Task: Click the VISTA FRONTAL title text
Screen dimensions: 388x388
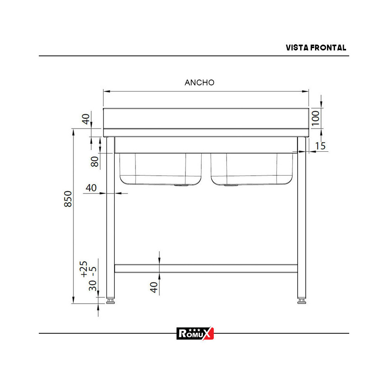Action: click(x=316, y=48)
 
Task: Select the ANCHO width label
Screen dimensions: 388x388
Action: click(x=199, y=82)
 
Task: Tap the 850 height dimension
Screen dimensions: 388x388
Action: click(x=68, y=199)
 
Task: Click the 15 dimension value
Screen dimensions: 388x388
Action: click(x=320, y=146)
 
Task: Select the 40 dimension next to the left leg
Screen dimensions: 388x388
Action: click(x=91, y=188)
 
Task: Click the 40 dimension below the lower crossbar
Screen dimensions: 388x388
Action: click(x=154, y=287)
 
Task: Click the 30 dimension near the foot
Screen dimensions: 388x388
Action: click(x=92, y=286)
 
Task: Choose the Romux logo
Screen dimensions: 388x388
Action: click(x=195, y=333)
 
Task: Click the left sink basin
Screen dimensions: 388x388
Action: click(x=160, y=169)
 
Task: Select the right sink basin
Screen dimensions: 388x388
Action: click(x=252, y=169)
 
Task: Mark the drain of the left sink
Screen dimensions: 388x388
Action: click(x=181, y=185)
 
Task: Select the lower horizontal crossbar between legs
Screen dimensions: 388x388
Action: click(x=206, y=268)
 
